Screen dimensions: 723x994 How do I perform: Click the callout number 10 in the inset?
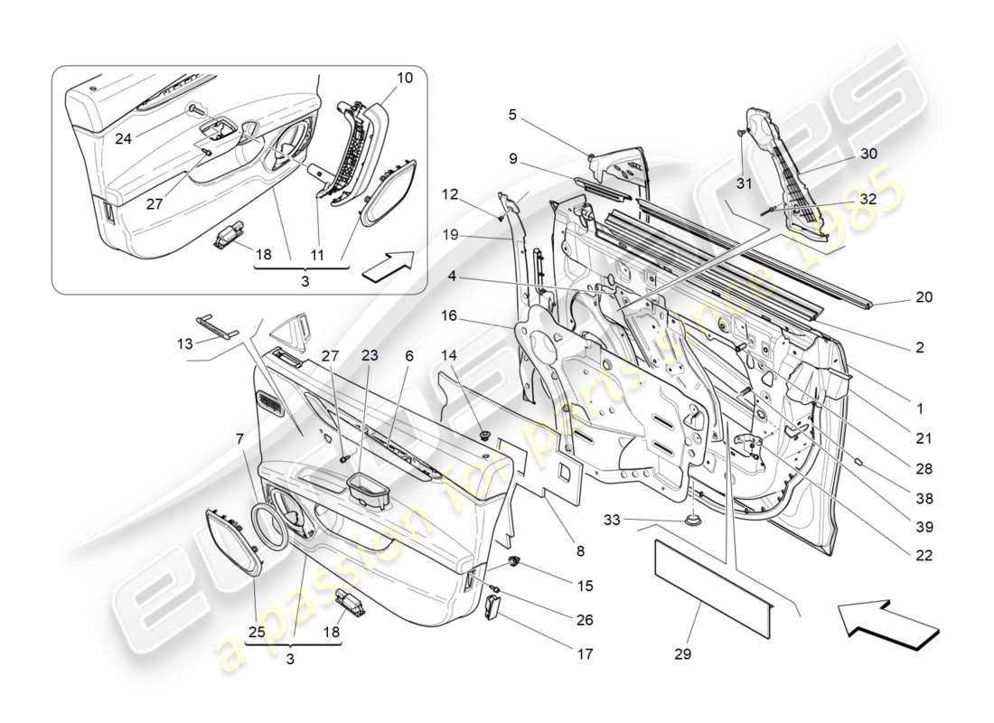coord(404,78)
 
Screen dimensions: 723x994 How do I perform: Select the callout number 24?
coord(123,139)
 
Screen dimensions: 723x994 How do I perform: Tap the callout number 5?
coord(512,115)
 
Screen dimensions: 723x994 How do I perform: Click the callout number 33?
coord(613,520)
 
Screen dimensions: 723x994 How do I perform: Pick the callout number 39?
coord(924,527)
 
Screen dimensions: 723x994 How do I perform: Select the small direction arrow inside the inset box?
coord(387,267)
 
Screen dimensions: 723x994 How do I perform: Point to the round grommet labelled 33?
coord(693,521)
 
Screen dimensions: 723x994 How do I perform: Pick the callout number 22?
coord(924,556)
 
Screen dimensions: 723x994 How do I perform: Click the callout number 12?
coord(449,192)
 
